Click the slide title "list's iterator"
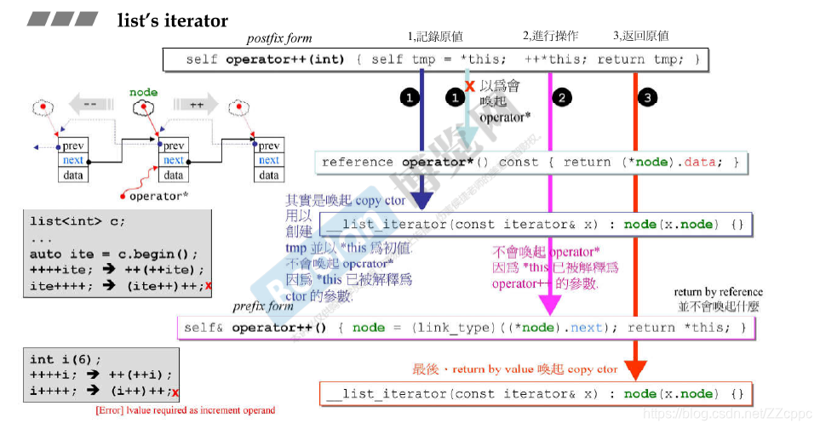(172, 20)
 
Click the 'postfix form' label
(279, 38)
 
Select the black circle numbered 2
(561, 98)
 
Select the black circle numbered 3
(648, 98)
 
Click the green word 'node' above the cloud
(143, 91)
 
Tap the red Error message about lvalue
(186, 410)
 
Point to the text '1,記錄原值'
(435, 37)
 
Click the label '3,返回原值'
(640, 37)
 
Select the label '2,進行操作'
(550, 37)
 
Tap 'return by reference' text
(718, 292)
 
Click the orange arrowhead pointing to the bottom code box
(635, 369)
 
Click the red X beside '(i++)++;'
(175, 392)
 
